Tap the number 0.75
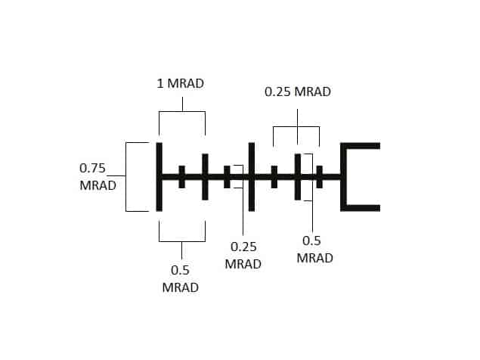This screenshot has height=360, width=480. [x=94, y=168]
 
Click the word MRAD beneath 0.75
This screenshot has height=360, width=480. [x=98, y=185]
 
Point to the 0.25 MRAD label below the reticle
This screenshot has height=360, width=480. [x=243, y=255]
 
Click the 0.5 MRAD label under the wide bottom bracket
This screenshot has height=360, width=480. [x=181, y=279]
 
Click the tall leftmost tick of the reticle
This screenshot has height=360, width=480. [x=159, y=176]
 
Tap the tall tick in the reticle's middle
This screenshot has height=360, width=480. [x=252, y=176]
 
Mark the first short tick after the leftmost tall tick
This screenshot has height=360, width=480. [x=181, y=176]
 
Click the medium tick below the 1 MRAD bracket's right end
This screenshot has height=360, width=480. [x=205, y=176]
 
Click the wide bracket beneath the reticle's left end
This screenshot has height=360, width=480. [x=181, y=235]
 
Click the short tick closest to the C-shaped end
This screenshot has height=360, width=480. [x=320, y=176]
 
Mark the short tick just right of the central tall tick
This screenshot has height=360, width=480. [x=274, y=176]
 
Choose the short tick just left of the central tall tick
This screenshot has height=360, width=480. [x=227, y=176]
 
